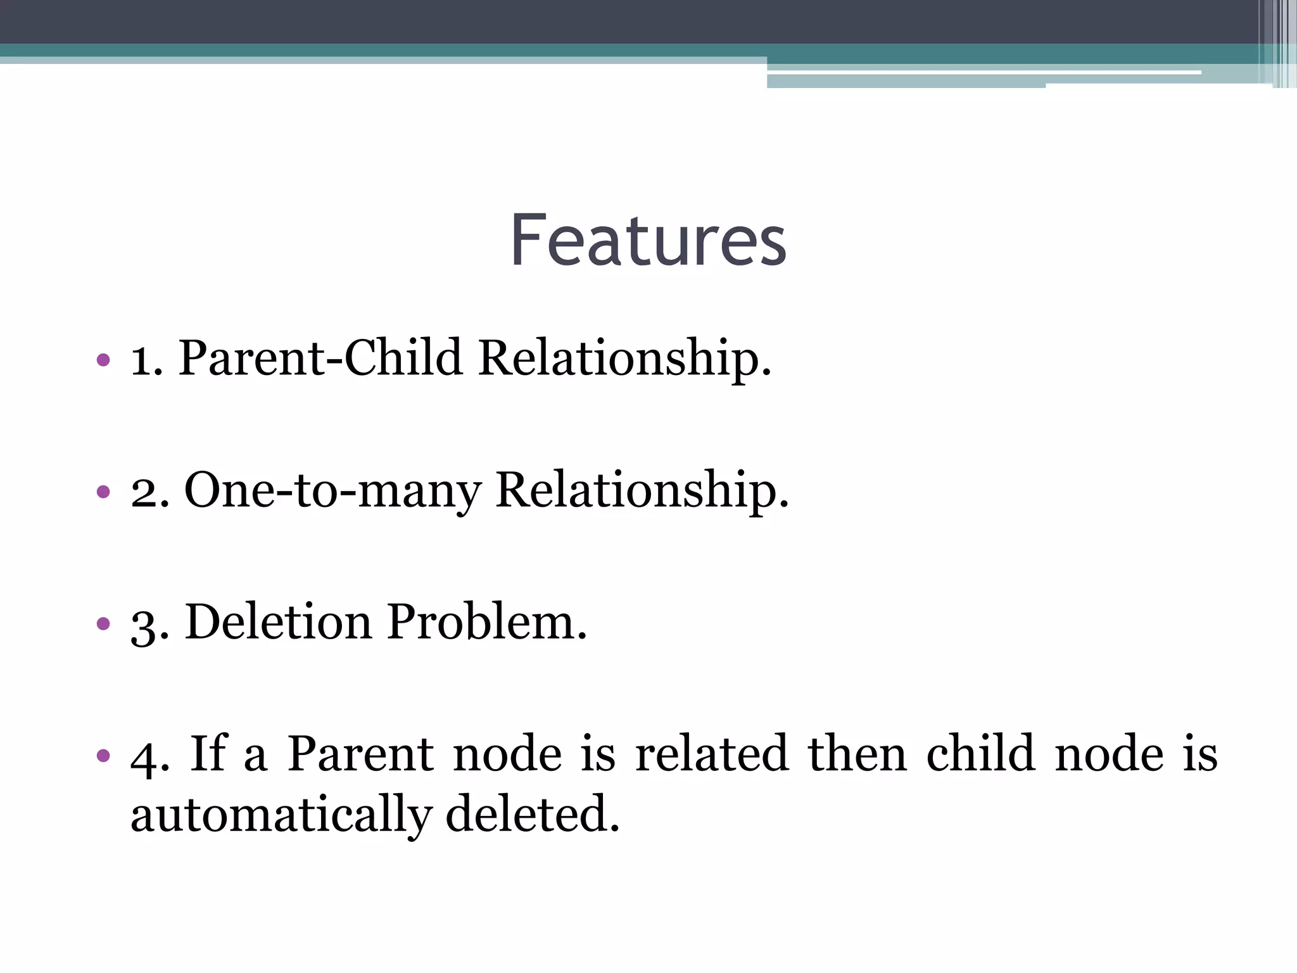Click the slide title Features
pos(648,241)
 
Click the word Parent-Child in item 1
pos(320,359)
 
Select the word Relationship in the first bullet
pos(624,359)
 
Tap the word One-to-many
pos(332,490)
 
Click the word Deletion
pos(279,622)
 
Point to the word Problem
pos(487,622)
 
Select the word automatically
pos(281,815)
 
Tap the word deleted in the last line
pos(532,815)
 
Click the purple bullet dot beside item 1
pos(103,360)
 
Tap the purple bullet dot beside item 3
pos(103,623)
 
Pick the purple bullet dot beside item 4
pos(103,755)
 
